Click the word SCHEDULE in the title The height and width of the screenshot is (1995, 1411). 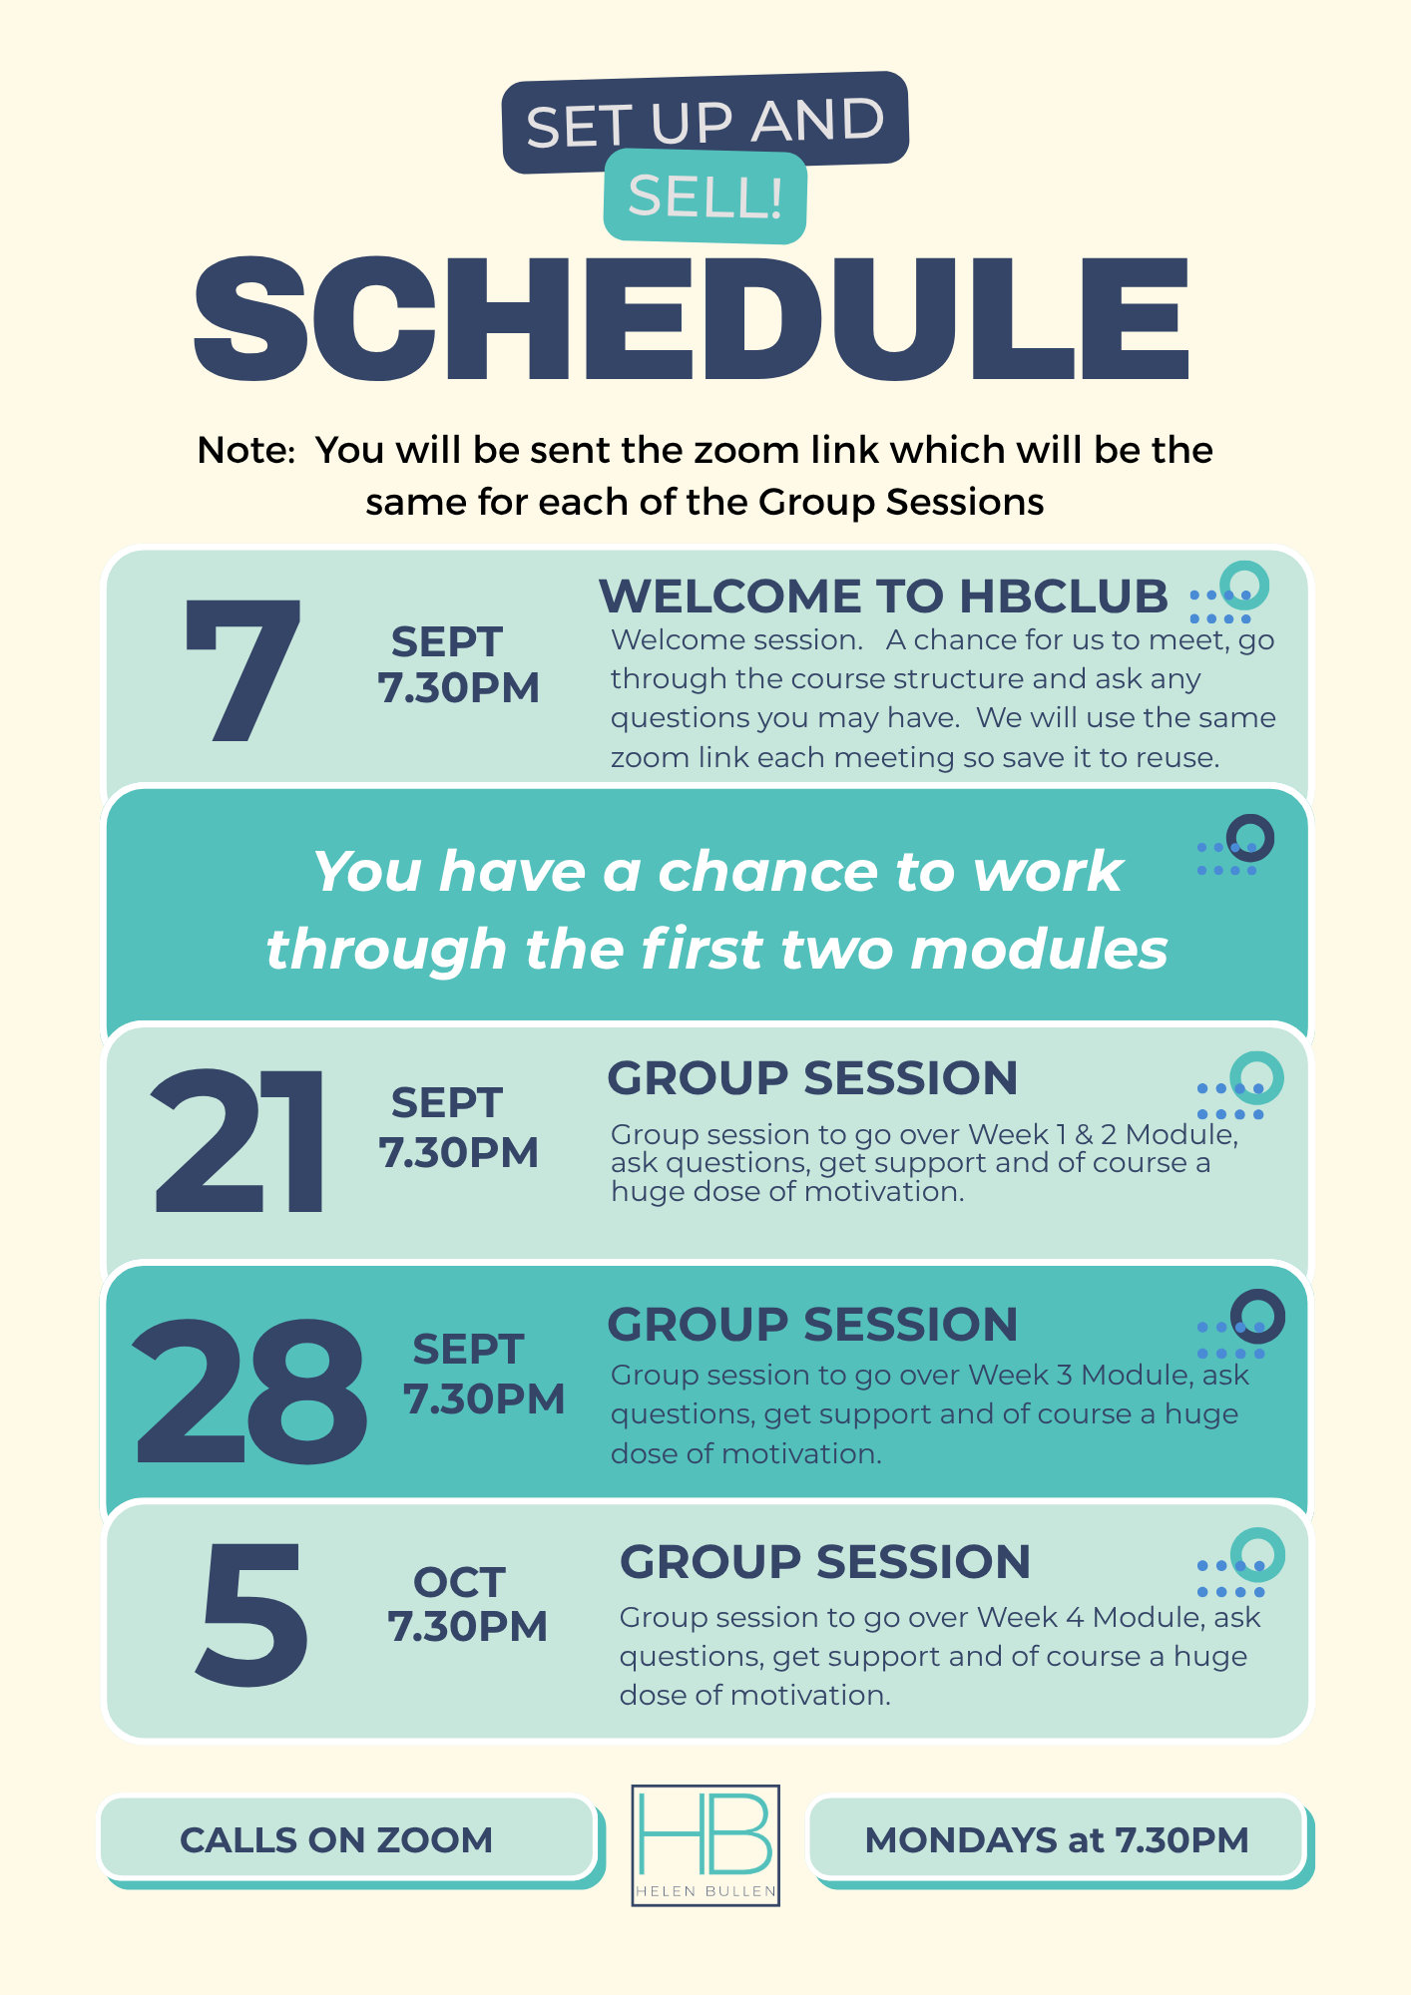tap(692, 319)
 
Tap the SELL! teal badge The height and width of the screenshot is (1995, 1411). tap(705, 197)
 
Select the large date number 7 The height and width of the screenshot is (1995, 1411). tap(242, 670)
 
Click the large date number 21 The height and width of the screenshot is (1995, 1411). tap(239, 1140)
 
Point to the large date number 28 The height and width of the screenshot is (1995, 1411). tap(250, 1391)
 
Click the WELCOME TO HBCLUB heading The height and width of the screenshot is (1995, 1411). tap(883, 597)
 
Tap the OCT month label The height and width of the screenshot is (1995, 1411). tap(459, 1582)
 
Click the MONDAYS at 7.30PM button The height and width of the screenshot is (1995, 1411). tap(1057, 1839)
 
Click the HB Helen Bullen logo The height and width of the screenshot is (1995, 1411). tap(705, 1845)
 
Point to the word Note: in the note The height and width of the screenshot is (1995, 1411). tap(246, 451)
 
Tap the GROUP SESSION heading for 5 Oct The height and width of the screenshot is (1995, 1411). tap(825, 1562)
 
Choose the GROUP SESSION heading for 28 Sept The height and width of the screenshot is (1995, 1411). tap(812, 1325)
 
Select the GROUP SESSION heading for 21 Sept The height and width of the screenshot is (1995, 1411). tap(812, 1078)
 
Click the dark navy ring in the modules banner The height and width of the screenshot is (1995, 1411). tap(1250, 838)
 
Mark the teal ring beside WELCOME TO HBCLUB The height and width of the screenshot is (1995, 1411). tap(1244, 585)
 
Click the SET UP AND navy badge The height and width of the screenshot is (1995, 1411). tap(705, 121)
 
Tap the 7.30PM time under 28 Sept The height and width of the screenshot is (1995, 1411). tap(484, 1399)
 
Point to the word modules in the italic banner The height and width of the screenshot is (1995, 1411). tap(1040, 949)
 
